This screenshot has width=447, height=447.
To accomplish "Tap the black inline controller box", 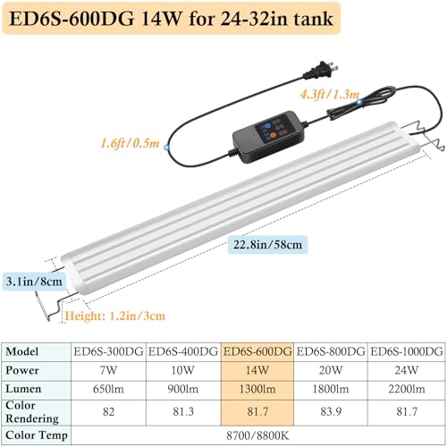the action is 269,137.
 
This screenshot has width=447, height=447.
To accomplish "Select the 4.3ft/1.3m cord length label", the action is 330,95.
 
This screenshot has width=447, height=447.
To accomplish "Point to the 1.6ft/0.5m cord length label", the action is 130,143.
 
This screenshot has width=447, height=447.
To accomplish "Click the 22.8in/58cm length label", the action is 267,245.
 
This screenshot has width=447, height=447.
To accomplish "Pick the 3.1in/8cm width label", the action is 34,282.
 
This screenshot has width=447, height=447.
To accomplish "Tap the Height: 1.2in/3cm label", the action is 114,316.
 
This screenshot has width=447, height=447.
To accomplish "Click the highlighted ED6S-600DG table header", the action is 257,351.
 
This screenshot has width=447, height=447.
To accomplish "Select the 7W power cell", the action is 108,370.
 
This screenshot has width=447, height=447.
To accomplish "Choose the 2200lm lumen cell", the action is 407,389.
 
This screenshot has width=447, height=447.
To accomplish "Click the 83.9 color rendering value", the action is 331,412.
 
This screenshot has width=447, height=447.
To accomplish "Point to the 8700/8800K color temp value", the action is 257,435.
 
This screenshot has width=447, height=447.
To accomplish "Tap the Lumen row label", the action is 23,389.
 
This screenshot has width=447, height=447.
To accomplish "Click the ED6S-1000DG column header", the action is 407,351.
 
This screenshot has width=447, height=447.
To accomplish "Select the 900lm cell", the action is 182,389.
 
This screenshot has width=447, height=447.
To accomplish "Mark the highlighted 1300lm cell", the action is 257,389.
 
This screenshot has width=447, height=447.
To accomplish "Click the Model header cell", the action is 21,351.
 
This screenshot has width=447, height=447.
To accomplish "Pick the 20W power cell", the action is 331,370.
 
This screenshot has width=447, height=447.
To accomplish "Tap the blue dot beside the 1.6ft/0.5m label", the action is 166,147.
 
